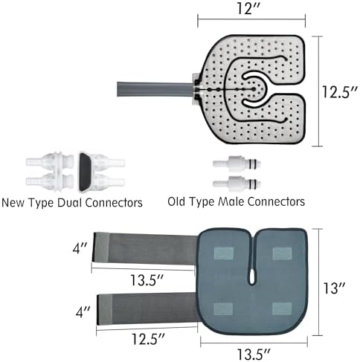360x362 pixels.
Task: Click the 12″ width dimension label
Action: coord(248,8)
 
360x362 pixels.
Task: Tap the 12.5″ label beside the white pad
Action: coord(340,92)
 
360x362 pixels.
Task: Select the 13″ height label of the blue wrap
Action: coord(334,288)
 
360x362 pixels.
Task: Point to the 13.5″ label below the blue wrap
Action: coord(254,354)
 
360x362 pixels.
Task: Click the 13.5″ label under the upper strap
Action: coord(147,280)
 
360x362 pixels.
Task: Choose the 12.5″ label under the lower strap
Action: coord(148,339)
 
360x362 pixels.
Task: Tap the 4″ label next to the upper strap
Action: coord(80,248)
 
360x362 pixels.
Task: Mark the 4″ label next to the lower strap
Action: coord(83,311)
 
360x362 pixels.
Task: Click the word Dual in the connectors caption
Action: coord(70,203)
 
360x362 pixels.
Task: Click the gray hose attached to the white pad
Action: coord(155,89)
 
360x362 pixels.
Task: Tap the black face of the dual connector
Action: coord(85,172)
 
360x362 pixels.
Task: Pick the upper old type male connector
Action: coord(237,164)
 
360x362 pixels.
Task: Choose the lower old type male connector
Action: coord(237,184)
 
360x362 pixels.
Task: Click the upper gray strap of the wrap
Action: coord(145,248)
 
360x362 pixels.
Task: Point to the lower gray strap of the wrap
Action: coord(148,308)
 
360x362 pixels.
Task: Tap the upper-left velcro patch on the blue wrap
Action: coord(224,253)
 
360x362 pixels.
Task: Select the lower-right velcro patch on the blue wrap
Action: coord(282,308)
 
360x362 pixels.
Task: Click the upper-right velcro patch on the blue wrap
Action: coord(282,253)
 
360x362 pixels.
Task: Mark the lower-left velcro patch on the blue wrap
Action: coord(223,308)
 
